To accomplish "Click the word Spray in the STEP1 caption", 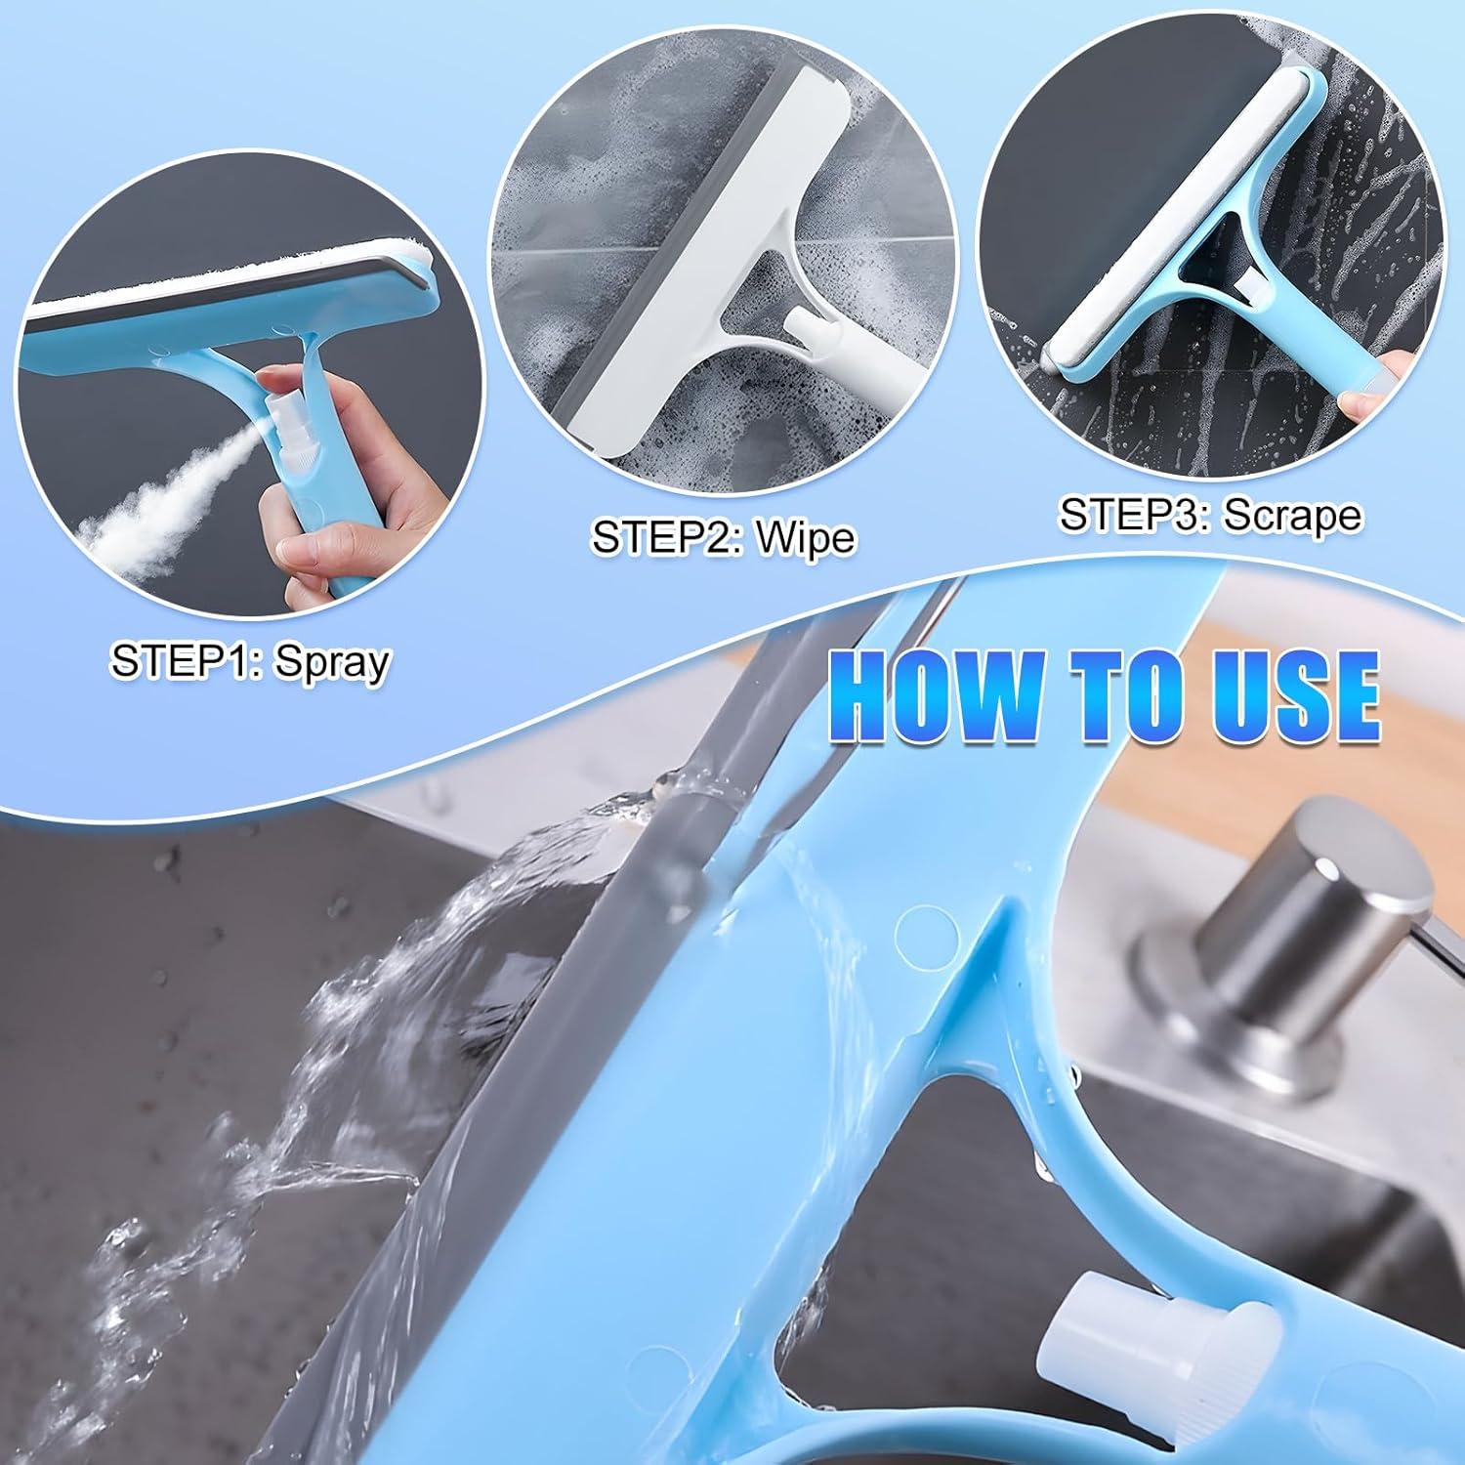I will tap(332, 663).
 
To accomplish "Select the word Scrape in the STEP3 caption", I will tap(1292, 515).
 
